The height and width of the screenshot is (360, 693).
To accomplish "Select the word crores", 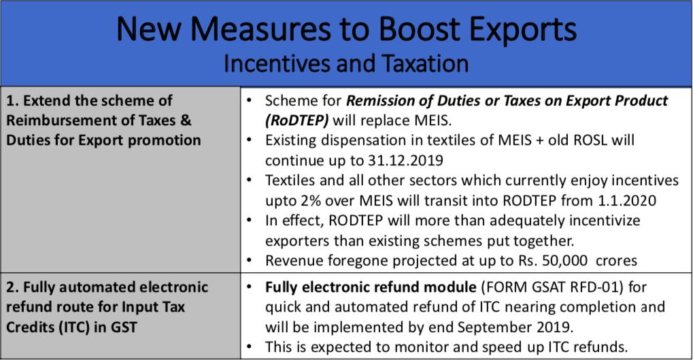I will (615, 261).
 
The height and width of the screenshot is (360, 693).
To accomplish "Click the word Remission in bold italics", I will (379, 101).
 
